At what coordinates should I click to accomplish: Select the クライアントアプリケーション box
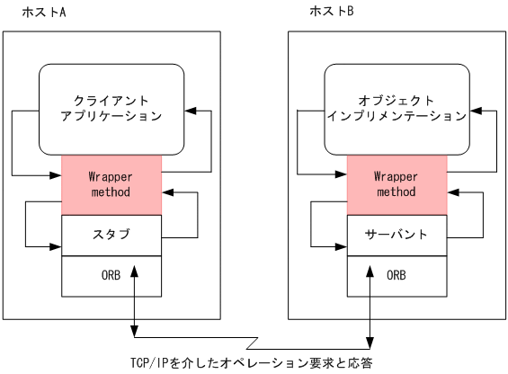pos(111,108)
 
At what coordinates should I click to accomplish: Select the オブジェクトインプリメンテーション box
pos(397,108)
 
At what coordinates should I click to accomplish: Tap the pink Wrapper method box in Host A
pos(111,184)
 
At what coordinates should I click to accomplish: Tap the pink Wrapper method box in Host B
pos(397,184)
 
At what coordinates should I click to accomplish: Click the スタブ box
pos(111,236)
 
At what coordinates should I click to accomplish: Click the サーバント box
pos(397,236)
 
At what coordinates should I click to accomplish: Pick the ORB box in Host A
pos(111,276)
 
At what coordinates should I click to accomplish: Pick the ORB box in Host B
pos(397,276)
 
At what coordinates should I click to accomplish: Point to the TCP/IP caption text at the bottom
pos(251,363)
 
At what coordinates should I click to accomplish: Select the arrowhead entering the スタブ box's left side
pos(56,244)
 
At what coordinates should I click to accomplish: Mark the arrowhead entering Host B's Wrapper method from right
pos(452,191)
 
